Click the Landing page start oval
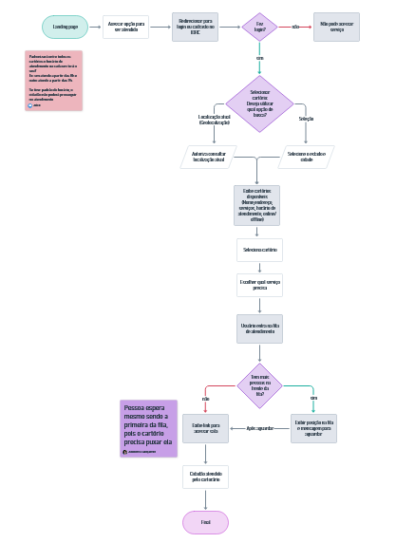click(x=66, y=27)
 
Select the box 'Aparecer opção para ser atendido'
click(x=126, y=27)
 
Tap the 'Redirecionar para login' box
click(x=195, y=27)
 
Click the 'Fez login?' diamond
click(x=259, y=27)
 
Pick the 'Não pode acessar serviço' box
click(x=336, y=27)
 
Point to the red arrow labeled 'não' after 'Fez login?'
click(x=295, y=27)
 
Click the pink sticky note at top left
click(x=53, y=80)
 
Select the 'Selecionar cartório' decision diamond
click(x=259, y=103)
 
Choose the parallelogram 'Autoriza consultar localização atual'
click(x=208, y=157)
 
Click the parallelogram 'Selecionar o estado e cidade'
click(x=306, y=157)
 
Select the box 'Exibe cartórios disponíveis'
click(x=257, y=204)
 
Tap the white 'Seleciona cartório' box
click(x=259, y=250)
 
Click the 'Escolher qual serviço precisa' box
click(x=259, y=285)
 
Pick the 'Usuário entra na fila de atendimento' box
click(x=259, y=328)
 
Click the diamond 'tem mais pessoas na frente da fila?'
click(x=259, y=385)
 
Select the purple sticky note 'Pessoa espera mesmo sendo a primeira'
click(x=148, y=428)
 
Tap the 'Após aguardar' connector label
click(x=259, y=428)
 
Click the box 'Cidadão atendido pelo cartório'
click(x=205, y=477)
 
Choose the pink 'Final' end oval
click(x=205, y=522)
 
